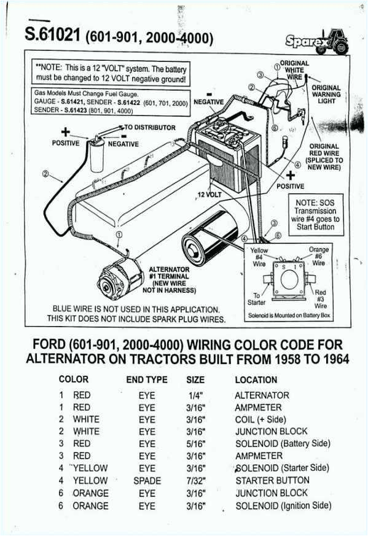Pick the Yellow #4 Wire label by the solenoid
click(x=259, y=257)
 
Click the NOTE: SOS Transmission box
click(x=316, y=214)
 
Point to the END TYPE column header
click(x=147, y=380)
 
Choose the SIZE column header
click(x=195, y=380)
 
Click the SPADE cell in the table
click(x=147, y=481)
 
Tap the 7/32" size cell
click(x=196, y=481)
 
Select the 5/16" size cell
click(x=196, y=443)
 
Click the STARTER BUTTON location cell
click(x=272, y=481)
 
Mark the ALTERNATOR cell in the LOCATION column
click(x=262, y=395)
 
